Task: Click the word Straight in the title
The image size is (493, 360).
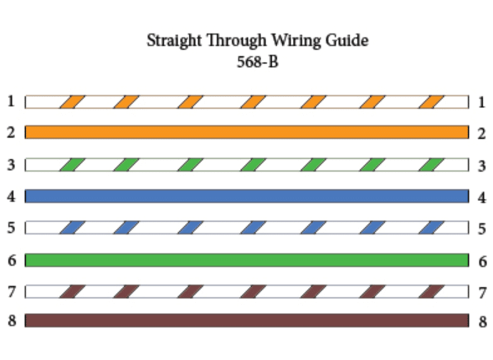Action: (174, 41)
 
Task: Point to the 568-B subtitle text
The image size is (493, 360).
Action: (258, 62)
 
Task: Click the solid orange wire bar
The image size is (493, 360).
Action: (247, 132)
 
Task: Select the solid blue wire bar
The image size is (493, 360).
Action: (247, 196)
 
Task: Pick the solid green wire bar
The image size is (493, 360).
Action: (247, 260)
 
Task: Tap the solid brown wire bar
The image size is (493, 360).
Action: (247, 321)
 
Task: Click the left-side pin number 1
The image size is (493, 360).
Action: (11, 101)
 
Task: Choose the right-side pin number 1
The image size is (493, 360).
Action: (481, 102)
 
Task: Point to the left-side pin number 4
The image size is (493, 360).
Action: (11, 196)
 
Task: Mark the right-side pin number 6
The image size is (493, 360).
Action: (482, 261)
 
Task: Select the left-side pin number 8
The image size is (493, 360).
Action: (12, 321)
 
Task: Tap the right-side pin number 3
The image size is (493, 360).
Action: (482, 166)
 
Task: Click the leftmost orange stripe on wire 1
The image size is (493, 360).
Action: (72, 102)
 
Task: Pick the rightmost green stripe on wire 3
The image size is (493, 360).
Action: (431, 165)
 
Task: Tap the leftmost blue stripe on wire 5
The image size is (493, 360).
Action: (72, 228)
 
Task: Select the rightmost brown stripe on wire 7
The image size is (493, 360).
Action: (431, 292)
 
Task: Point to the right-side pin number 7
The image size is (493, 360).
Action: (482, 293)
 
